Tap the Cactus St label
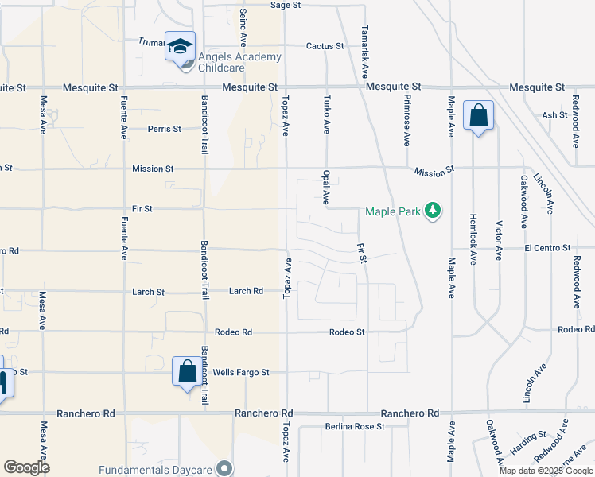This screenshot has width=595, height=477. click(325, 46)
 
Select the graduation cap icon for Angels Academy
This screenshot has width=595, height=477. click(181, 45)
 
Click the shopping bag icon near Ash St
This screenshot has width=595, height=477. click(479, 115)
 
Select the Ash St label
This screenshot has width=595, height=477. click(554, 115)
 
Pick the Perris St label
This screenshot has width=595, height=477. click(165, 129)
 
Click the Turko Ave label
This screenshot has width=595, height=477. click(327, 111)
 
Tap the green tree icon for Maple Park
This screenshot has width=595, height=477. click(433, 211)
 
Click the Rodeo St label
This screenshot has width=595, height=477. click(347, 332)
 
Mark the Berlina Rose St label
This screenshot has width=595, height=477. click(355, 426)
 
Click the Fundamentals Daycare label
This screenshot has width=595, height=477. click(157, 469)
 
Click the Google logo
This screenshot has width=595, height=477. click(27, 467)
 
